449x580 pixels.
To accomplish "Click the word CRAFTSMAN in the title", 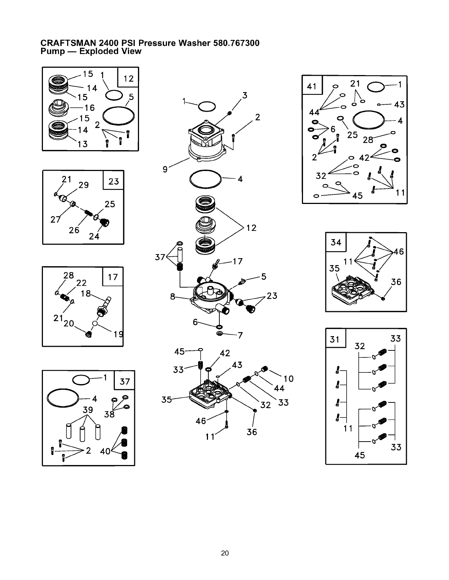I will (65, 43).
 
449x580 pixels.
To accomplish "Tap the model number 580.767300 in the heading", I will (236, 43).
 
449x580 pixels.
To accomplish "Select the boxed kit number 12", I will (128, 78).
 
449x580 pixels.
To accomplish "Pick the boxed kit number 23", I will (114, 181).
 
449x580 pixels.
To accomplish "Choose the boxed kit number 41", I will (312, 86).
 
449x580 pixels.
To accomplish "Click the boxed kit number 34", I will (336, 242).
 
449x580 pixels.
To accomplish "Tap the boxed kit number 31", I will (335, 339).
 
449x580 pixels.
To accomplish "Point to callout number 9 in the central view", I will (165, 169).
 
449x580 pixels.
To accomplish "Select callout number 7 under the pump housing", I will (240, 335).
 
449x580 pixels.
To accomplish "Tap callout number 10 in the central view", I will (289, 379).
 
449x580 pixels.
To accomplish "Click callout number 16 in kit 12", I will (90, 108).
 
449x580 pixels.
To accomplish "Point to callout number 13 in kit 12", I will (83, 144).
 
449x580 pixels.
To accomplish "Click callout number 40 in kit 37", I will (105, 451).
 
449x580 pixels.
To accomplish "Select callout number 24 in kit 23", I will (94, 237).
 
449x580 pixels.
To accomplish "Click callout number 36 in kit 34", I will (396, 282).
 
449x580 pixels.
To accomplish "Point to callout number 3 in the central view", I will (245, 96).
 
